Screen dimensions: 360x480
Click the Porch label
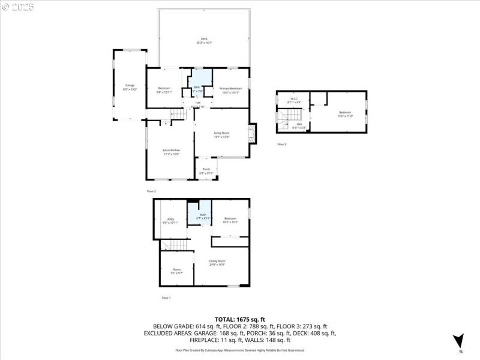(x=206, y=170)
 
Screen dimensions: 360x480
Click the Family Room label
(x=217, y=262)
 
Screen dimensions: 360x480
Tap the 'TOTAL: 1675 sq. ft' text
(x=240, y=319)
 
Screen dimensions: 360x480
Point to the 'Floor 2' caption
(x=151, y=191)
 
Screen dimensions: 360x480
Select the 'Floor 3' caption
(x=281, y=145)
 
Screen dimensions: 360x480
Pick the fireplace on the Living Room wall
(x=253, y=134)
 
